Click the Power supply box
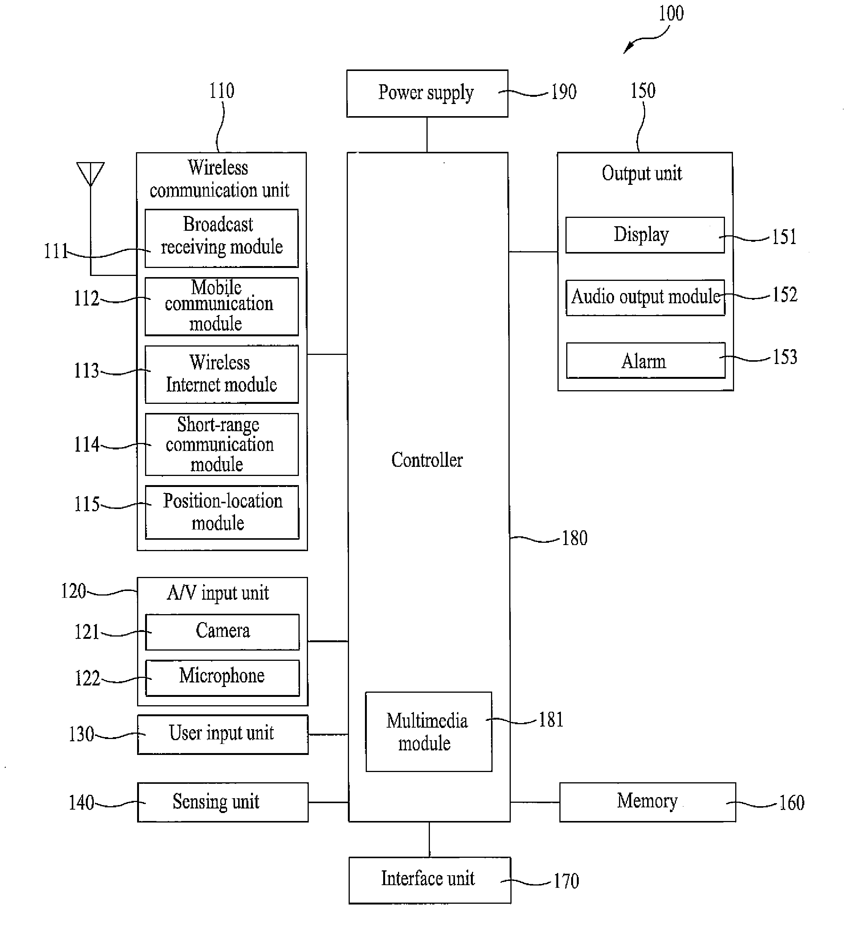click(x=427, y=93)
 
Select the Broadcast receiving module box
click(x=221, y=238)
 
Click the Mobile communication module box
click(x=221, y=306)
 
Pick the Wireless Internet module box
click(x=221, y=374)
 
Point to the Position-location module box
click(x=222, y=512)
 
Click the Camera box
click(x=223, y=632)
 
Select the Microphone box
click(x=223, y=678)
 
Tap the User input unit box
click(x=223, y=734)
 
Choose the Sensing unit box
click(x=223, y=802)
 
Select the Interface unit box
click(x=430, y=880)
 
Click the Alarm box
click(x=645, y=361)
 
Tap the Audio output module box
click(x=645, y=297)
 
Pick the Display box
click(x=644, y=235)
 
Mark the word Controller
click(x=427, y=460)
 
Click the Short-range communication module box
click(x=221, y=444)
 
